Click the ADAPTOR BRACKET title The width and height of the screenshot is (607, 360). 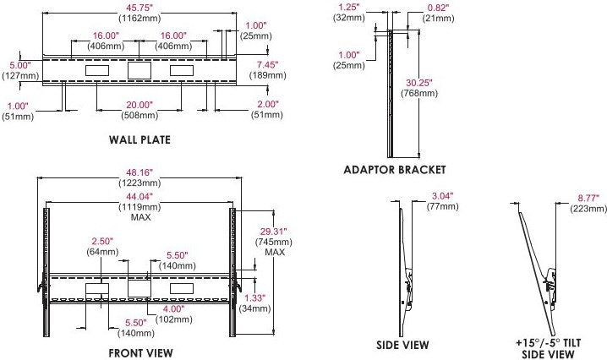395,169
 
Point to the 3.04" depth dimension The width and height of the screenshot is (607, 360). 441,195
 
